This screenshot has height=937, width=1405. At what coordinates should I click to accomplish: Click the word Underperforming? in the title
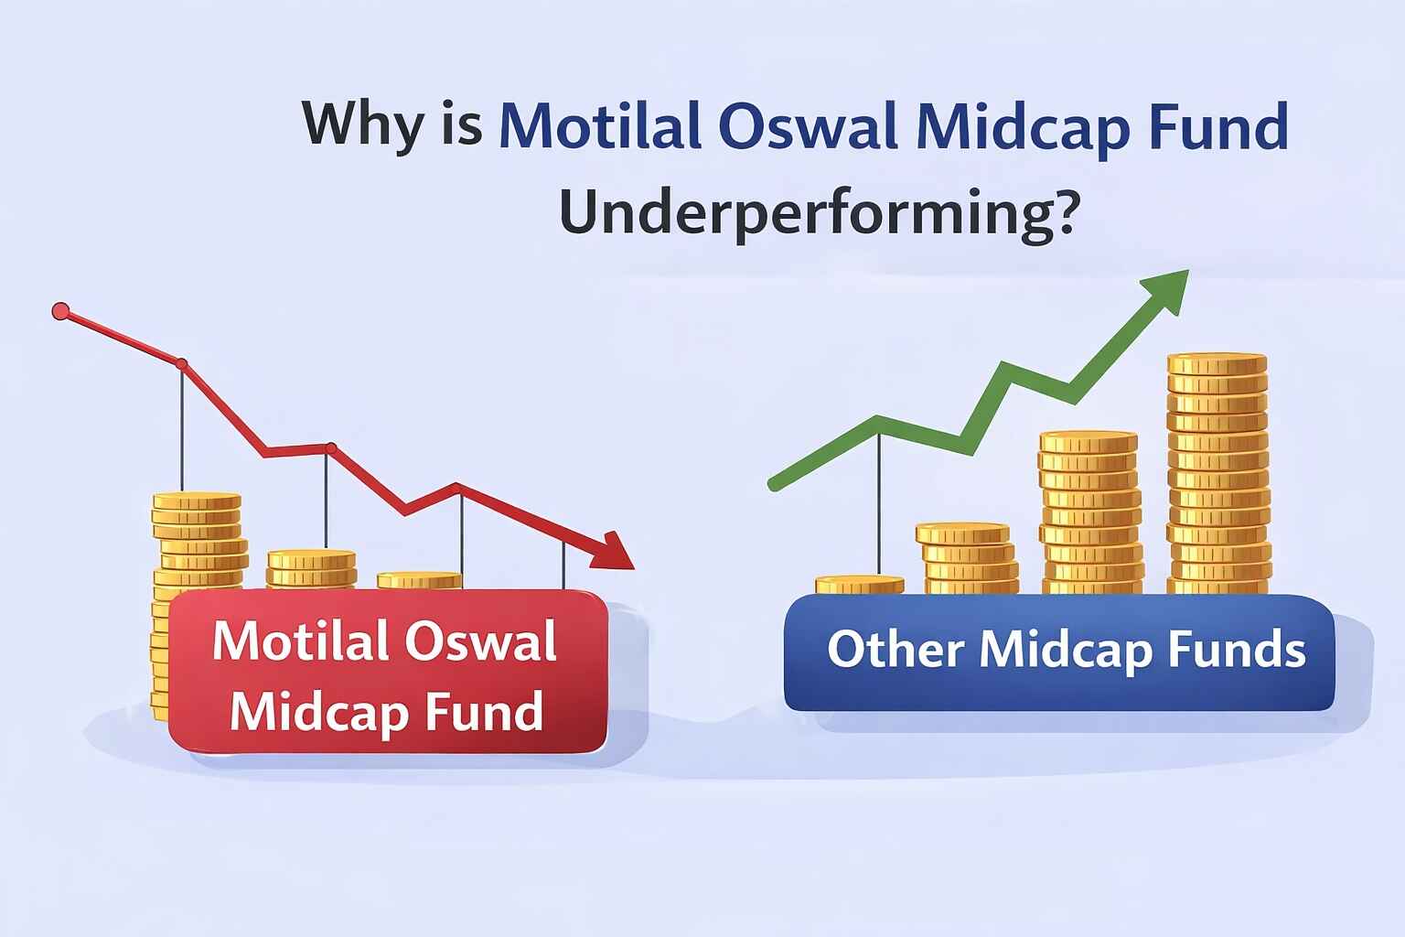(x=816, y=216)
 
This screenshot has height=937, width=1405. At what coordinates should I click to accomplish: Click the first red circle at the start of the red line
(x=61, y=312)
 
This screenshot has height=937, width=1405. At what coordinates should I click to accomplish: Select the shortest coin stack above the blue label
(x=859, y=585)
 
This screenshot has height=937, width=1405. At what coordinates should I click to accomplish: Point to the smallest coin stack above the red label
(x=419, y=580)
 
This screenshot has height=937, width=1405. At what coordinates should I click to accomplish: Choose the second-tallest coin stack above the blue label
(x=1090, y=512)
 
